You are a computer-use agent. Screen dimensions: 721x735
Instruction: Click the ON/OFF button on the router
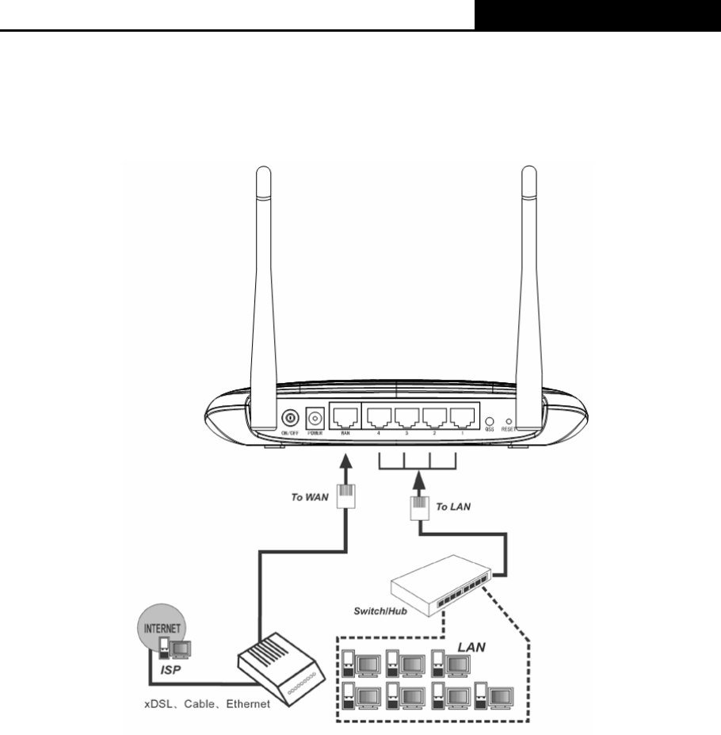pyautogui.click(x=291, y=417)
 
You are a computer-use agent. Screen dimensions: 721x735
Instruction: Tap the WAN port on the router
pyautogui.click(x=344, y=418)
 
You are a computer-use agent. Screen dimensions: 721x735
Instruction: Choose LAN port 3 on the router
pyautogui.click(x=407, y=418)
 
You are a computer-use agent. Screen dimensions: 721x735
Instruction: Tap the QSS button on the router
pyautogui.click(x=490, y=420)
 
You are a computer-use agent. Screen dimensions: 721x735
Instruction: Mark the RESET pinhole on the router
pyautogui.click(x=508, y=421)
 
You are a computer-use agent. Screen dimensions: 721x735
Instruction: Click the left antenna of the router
pyautogui.click(x=262, y=278)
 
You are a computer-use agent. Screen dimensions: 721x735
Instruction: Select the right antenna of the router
pyautogui.click(x=529, y=278)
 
